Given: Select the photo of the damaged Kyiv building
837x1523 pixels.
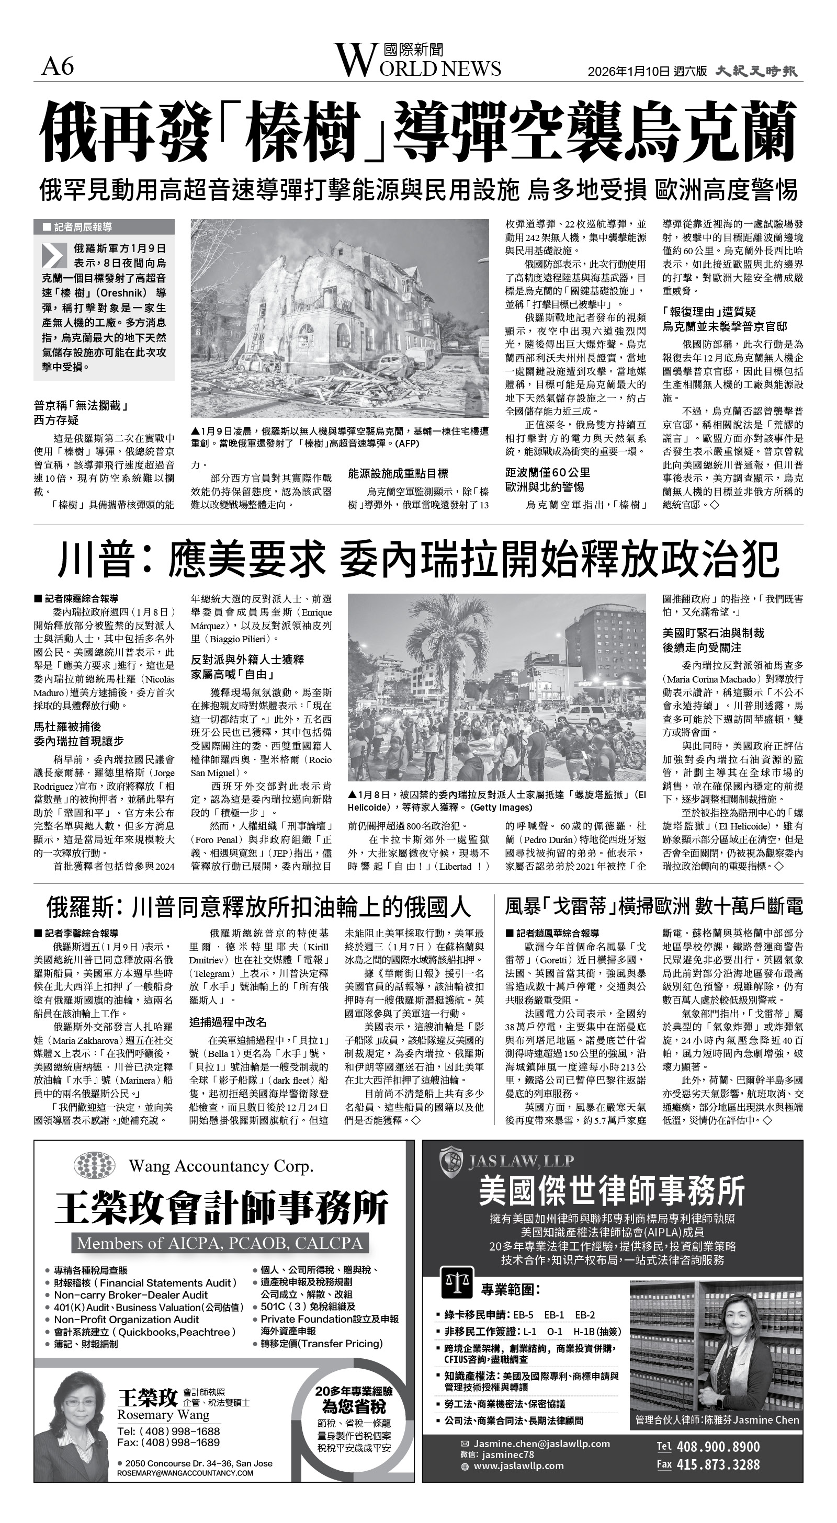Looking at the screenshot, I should (x=340, y=318).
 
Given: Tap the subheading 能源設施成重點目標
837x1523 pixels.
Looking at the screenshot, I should (x=398, y=473).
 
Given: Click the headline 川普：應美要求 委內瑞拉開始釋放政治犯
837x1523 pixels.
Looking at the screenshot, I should (x=417, y=559).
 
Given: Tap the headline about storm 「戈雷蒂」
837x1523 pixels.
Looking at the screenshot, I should (x=653, y=906).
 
